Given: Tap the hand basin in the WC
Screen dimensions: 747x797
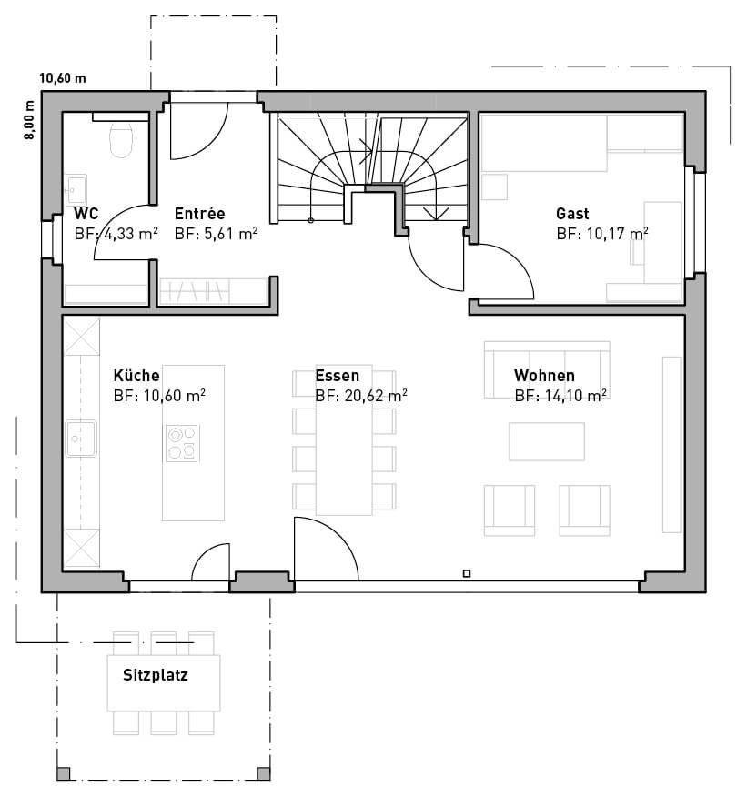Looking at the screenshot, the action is coord(76,189).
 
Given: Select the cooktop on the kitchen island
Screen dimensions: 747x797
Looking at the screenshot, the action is coord(182,443).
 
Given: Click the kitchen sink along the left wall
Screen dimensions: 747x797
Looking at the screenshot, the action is coord(81,439).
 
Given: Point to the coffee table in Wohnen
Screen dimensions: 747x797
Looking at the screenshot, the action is coord(547,441).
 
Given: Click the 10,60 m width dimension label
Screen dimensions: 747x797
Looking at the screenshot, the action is coord(63,78).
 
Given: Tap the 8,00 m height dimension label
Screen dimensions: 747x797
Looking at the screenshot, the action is coord(29,120).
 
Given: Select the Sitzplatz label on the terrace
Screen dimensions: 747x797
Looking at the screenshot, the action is coord(156,675).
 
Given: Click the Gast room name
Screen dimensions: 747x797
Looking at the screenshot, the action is coord(572,214).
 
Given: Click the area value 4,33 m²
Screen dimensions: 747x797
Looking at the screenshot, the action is coord(131,233).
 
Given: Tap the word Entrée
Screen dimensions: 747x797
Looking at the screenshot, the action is coord(199,213).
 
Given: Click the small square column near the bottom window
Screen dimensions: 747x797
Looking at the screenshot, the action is coord(467,573).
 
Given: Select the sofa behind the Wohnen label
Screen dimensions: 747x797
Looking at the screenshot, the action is coord(547,369).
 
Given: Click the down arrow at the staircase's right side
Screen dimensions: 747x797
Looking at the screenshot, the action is coord(436,213).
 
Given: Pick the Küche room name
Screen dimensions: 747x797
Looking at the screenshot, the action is coord(136,376).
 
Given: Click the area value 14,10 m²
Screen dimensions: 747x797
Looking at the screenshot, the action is coord(575,396).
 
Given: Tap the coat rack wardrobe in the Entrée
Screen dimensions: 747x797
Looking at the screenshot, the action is coord(214,291).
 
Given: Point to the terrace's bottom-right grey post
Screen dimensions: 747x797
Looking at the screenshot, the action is coord(263,773).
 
